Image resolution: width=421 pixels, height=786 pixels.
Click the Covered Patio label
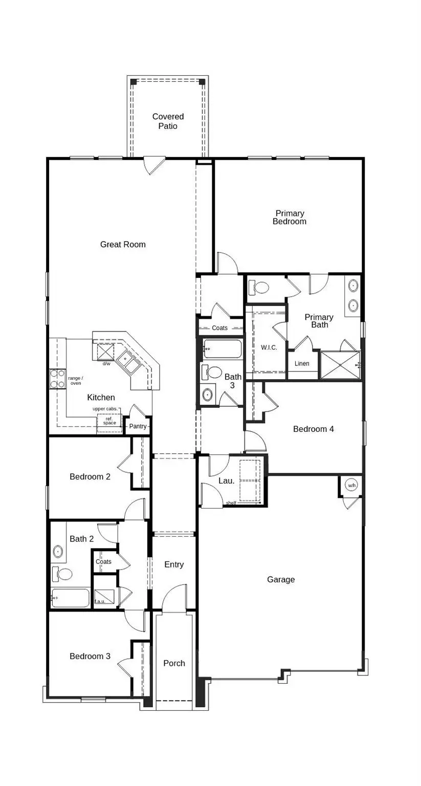click(x=168, y=121)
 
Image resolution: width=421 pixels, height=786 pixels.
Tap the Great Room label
click(x=123, y=245)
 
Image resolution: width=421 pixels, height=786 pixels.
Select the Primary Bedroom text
click(x=290, y=217)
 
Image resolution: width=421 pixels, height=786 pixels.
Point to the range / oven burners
click(x=57, y=378)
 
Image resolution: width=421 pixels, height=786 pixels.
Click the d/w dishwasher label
click(x=106, y=364)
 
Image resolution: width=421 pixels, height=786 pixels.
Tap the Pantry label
click(x=138, y=426)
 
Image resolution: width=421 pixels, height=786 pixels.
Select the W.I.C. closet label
click(x=269, y=347)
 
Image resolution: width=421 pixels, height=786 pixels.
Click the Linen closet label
click(x=302, y=364)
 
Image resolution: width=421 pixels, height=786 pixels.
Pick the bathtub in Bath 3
click(x=223, y=350)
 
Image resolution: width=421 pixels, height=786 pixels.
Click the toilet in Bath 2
click(x=63, y=574)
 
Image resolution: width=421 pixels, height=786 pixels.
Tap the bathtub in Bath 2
click(x=71, y=598)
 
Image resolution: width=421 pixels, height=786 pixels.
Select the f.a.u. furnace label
click(x=100, y=601)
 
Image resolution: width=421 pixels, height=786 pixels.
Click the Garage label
click(x=281, y=580)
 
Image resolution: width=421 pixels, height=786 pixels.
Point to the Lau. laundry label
click(x=227, y=481)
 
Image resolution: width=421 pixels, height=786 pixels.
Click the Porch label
click(x=174, y=663)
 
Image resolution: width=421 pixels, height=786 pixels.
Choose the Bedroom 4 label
click(x=314, y=429)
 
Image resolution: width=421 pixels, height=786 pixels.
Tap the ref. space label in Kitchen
click(x=109, y=421)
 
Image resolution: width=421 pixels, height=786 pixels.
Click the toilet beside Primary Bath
click(x=260, y=288)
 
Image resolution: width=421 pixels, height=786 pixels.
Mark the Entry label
click(x=174, y=564)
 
